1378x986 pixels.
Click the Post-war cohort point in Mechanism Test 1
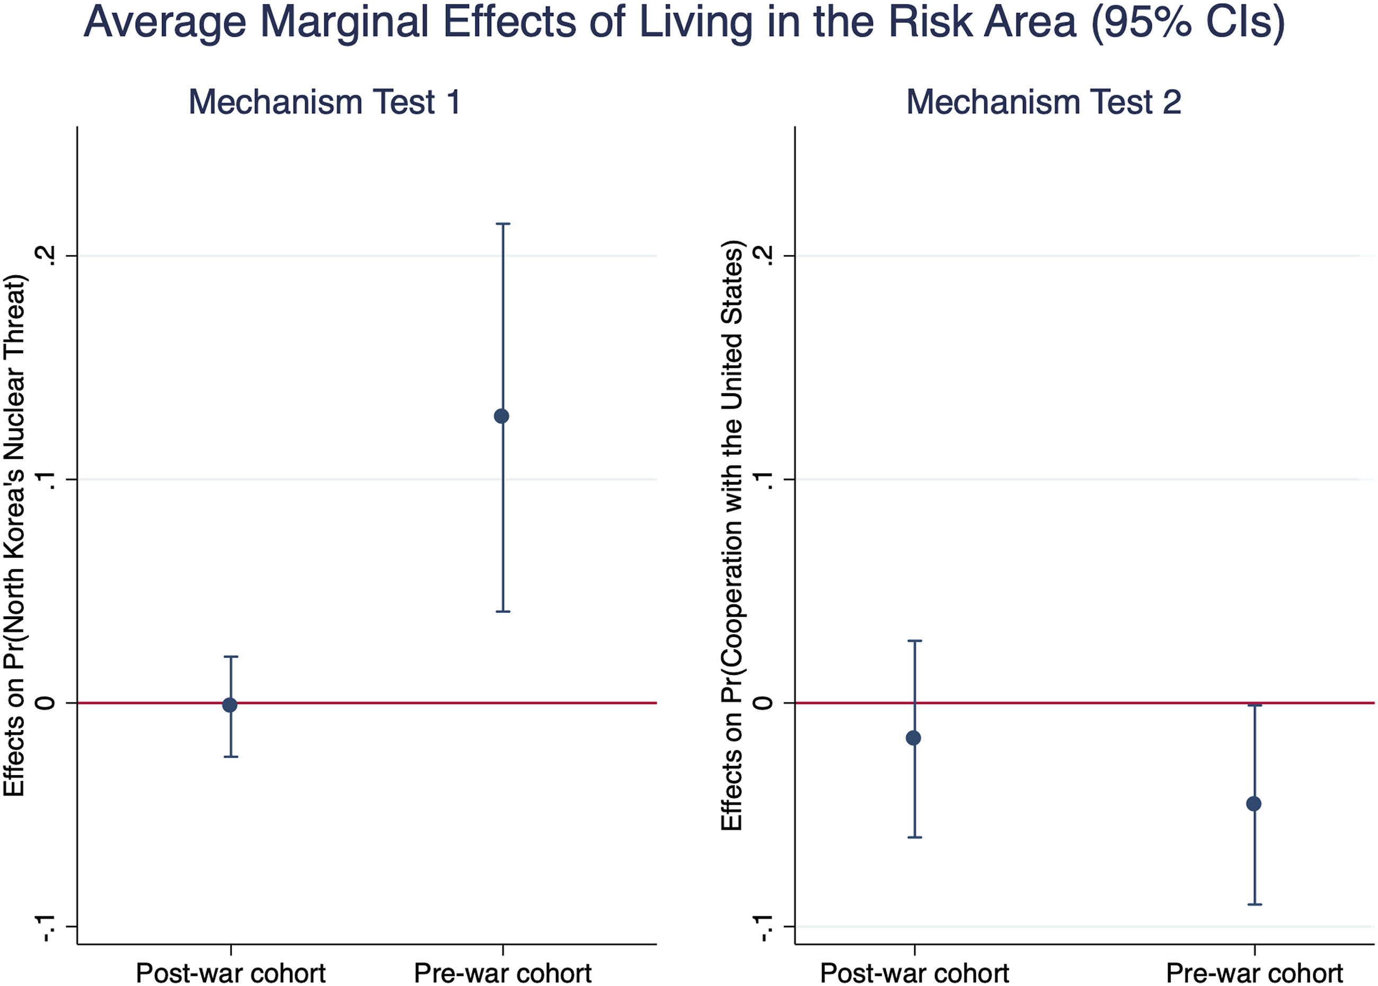pos(229,705)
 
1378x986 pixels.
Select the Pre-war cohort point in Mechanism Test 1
pos(501,416)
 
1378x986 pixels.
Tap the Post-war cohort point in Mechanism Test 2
pos(913,738)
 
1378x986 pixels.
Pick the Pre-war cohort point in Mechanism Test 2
pos(1253,804)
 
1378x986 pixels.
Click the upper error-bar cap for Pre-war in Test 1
pos(502,224)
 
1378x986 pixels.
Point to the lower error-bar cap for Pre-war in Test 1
pos(502,611)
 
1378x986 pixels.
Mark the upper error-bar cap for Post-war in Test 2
pos(914,640)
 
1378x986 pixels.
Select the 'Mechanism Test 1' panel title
pos(325,101)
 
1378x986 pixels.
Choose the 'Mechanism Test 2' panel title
pos(1044,101)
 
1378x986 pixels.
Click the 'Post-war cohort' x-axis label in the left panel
pos(231,973)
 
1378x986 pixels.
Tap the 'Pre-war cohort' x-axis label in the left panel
pos(502,973)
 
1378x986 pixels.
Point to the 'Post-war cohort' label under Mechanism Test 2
pos(914,973)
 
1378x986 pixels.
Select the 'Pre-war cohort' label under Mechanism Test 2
pos(1254,973)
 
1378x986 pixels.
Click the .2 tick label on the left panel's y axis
pos(45,256)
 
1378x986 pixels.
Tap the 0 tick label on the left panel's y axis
pos(45,703)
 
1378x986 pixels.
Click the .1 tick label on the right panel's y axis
pos(763,480)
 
